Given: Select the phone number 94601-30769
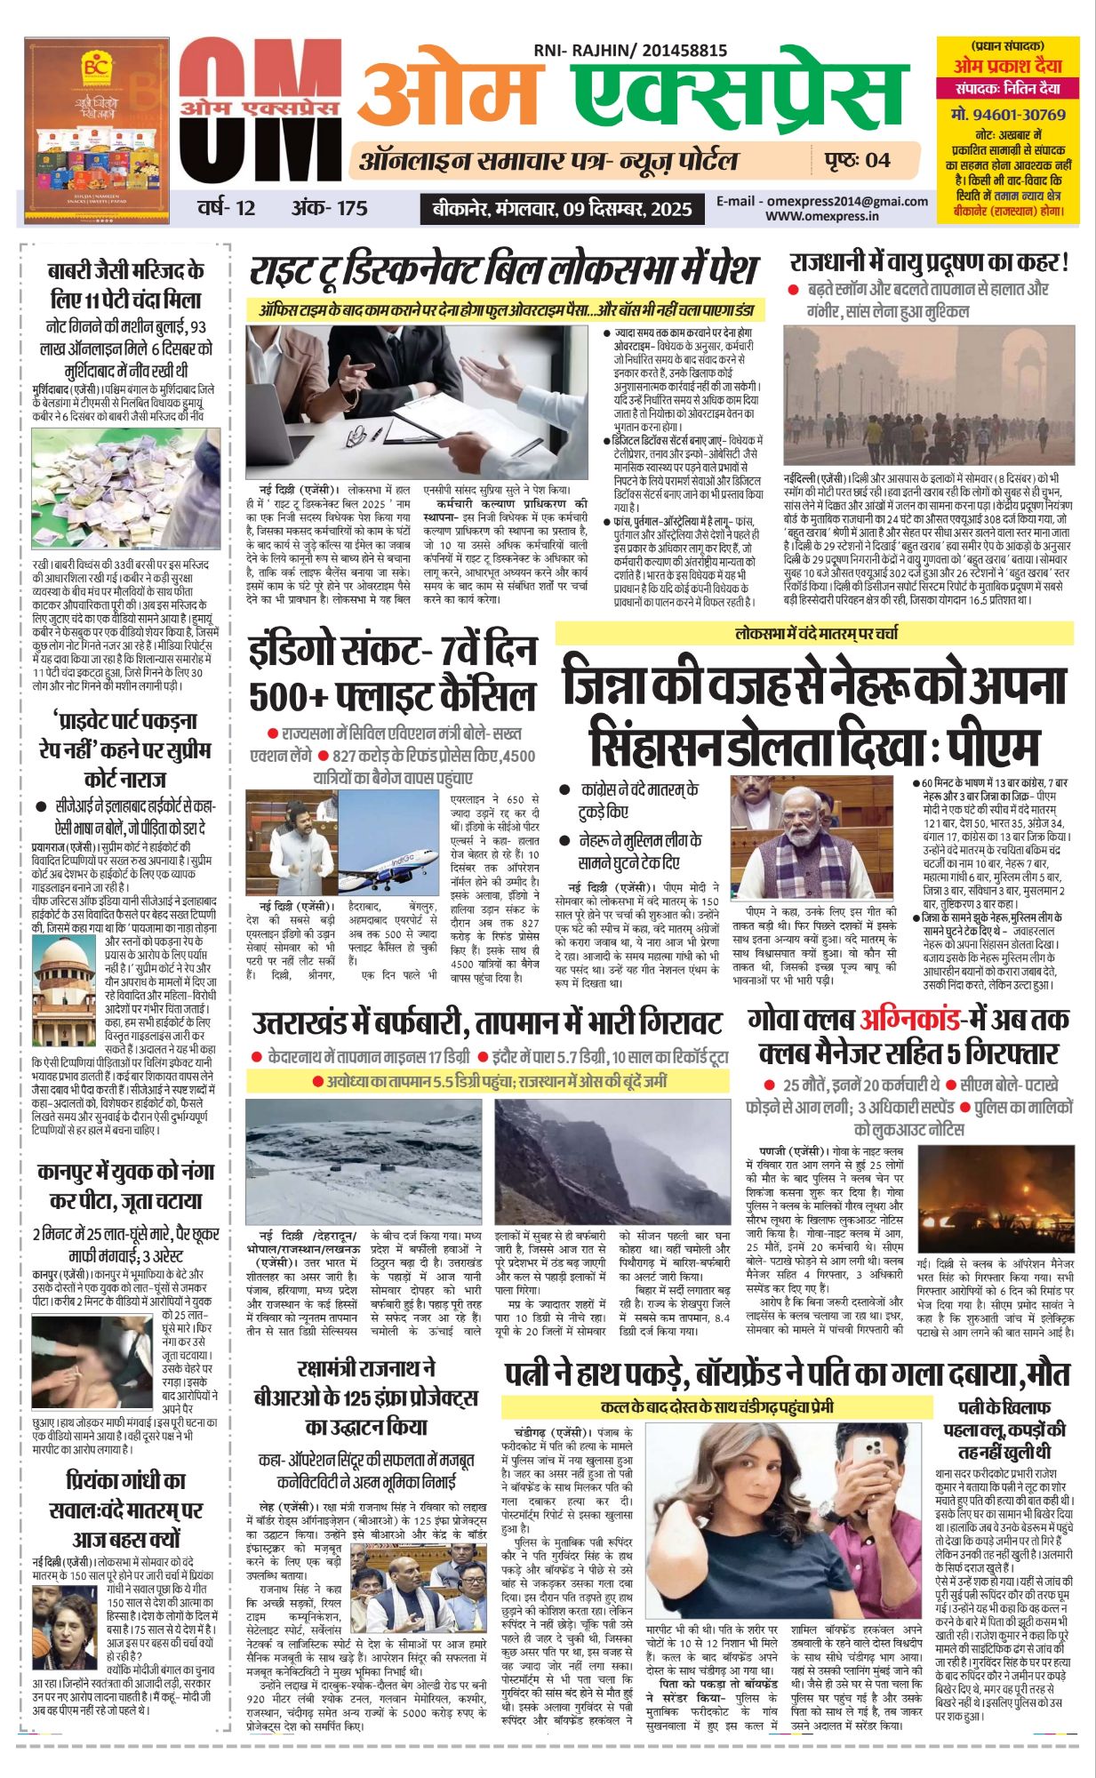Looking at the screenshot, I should [x=1008, y=115].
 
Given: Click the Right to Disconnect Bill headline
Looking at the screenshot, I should [x=503, y=270].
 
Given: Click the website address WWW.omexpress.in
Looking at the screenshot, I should [x=822, y=215].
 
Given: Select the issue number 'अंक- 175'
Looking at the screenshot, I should [x=329, y=209].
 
